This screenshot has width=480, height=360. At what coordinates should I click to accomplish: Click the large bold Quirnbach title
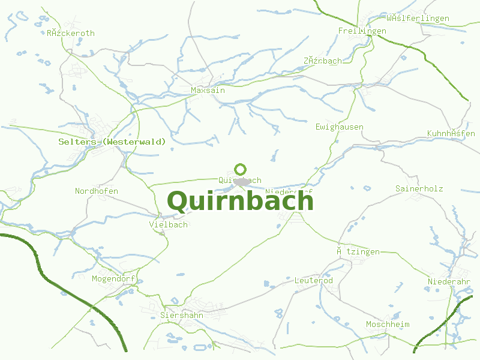point(240,201)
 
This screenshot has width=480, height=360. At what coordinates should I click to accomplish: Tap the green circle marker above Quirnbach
point(241,169)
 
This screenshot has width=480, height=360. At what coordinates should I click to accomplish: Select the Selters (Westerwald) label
point(112,142)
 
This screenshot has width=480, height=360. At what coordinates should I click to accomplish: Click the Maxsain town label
point(208,90)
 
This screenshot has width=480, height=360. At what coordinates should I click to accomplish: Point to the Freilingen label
point(362,31)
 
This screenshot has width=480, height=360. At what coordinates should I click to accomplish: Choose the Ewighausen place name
point(340,127)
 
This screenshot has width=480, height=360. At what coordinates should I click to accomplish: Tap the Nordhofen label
point(97,191)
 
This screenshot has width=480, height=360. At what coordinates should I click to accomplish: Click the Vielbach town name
point(169,224)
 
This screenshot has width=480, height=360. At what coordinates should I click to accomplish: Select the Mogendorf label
point(113,279)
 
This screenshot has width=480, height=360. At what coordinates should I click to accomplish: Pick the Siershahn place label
point(182,315)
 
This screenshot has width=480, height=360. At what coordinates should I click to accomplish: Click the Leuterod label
point(314,281)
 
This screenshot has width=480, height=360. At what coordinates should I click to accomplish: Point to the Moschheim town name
point(388,325)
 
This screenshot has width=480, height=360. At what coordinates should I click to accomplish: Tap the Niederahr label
point(449,282)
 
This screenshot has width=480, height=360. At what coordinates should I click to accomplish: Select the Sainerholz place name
point(419,188)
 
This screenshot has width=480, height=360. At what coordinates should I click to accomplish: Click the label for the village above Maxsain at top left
point(71,34)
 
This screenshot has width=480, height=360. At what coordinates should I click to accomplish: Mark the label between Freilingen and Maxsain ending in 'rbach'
point(323,61)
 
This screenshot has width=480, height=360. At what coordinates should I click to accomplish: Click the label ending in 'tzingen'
point(358,252)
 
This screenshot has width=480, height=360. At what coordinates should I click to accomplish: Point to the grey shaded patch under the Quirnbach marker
point(242,182)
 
